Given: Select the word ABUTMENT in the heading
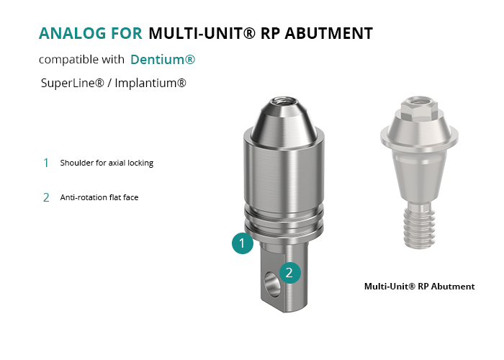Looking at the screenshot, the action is pos(329,33).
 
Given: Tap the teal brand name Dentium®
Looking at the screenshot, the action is pos(163,60).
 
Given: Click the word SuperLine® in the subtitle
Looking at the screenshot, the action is pos(73,83).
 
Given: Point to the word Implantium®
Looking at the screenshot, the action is pos(150,83).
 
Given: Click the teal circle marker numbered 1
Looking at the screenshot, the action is pos(243,243).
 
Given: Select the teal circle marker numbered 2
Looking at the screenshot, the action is pos(290,273).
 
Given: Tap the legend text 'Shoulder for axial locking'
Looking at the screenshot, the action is pos(107,163).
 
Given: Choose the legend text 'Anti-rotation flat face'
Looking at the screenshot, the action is pos(99,197).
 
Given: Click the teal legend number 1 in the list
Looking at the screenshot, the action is pos(46,163).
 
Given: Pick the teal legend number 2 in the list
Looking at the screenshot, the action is pos(46,197).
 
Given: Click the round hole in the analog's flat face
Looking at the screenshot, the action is pos(272,284).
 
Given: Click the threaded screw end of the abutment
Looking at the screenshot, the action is pos(419,225).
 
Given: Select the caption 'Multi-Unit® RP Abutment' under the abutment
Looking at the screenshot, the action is pos(420,287).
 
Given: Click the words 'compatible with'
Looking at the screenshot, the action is pos(81,60).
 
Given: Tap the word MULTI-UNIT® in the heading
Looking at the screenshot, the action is pos(202,33).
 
